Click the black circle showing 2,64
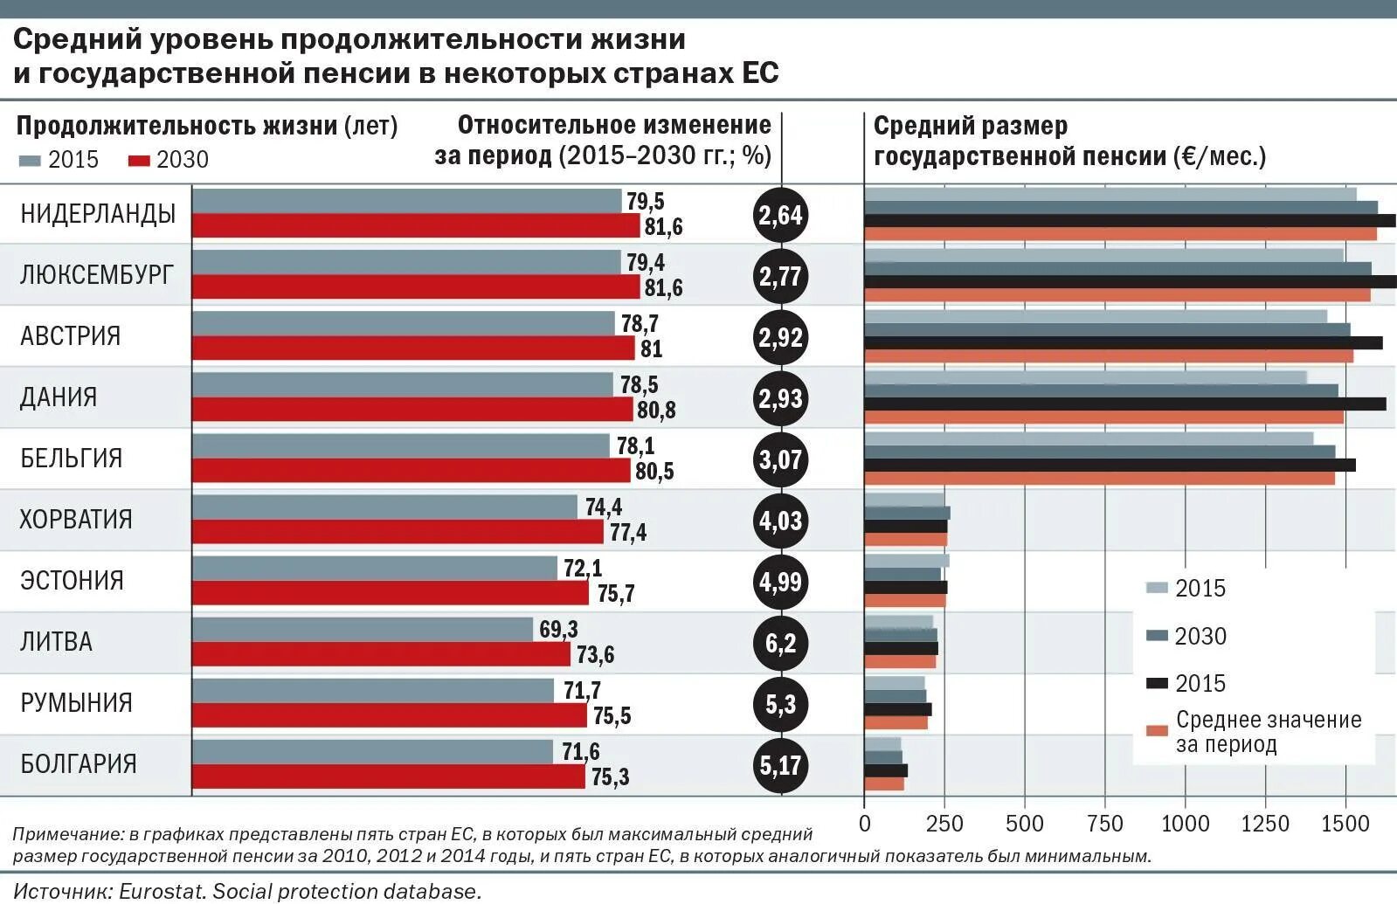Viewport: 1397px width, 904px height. click(779, 215)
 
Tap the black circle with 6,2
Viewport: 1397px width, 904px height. click(779, 644)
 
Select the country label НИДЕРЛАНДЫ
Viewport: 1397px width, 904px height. click(98, 214)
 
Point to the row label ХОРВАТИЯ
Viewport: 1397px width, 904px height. click(76, 520)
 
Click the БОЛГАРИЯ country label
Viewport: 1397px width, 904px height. click(79, 764)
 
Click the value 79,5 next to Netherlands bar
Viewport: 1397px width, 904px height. click(645, 202)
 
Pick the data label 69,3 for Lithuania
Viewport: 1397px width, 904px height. click(558, 630)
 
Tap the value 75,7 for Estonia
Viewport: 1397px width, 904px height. click(616, 594)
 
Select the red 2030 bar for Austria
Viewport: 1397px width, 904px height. click(412, 348)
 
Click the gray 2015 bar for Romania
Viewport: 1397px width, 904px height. click(372, 691)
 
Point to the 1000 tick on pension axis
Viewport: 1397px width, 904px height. click(1185, 824)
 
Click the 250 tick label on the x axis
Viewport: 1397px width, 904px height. click(944, 824)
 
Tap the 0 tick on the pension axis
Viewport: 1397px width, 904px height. click(864, 824)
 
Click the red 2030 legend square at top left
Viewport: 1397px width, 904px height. click(140, 161)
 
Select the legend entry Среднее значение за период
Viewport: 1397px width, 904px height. click(1268, 732)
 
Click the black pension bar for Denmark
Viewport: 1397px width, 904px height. click(1124, 404)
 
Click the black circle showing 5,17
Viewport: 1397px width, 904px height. click(779, 766)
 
